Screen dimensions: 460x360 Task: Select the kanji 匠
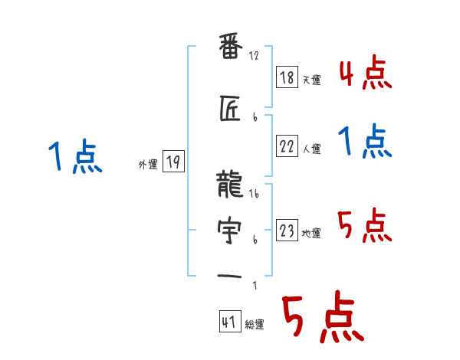(231, 111)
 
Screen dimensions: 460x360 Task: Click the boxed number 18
(287, 77)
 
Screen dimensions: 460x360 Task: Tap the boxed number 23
(287, 229)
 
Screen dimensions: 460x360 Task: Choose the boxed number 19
(173, 162)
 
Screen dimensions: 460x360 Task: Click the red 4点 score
(365, 75)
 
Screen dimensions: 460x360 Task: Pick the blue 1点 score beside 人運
(365, 142)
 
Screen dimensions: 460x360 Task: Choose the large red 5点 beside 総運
(322, 320)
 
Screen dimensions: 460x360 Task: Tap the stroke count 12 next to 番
(255, 56)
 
